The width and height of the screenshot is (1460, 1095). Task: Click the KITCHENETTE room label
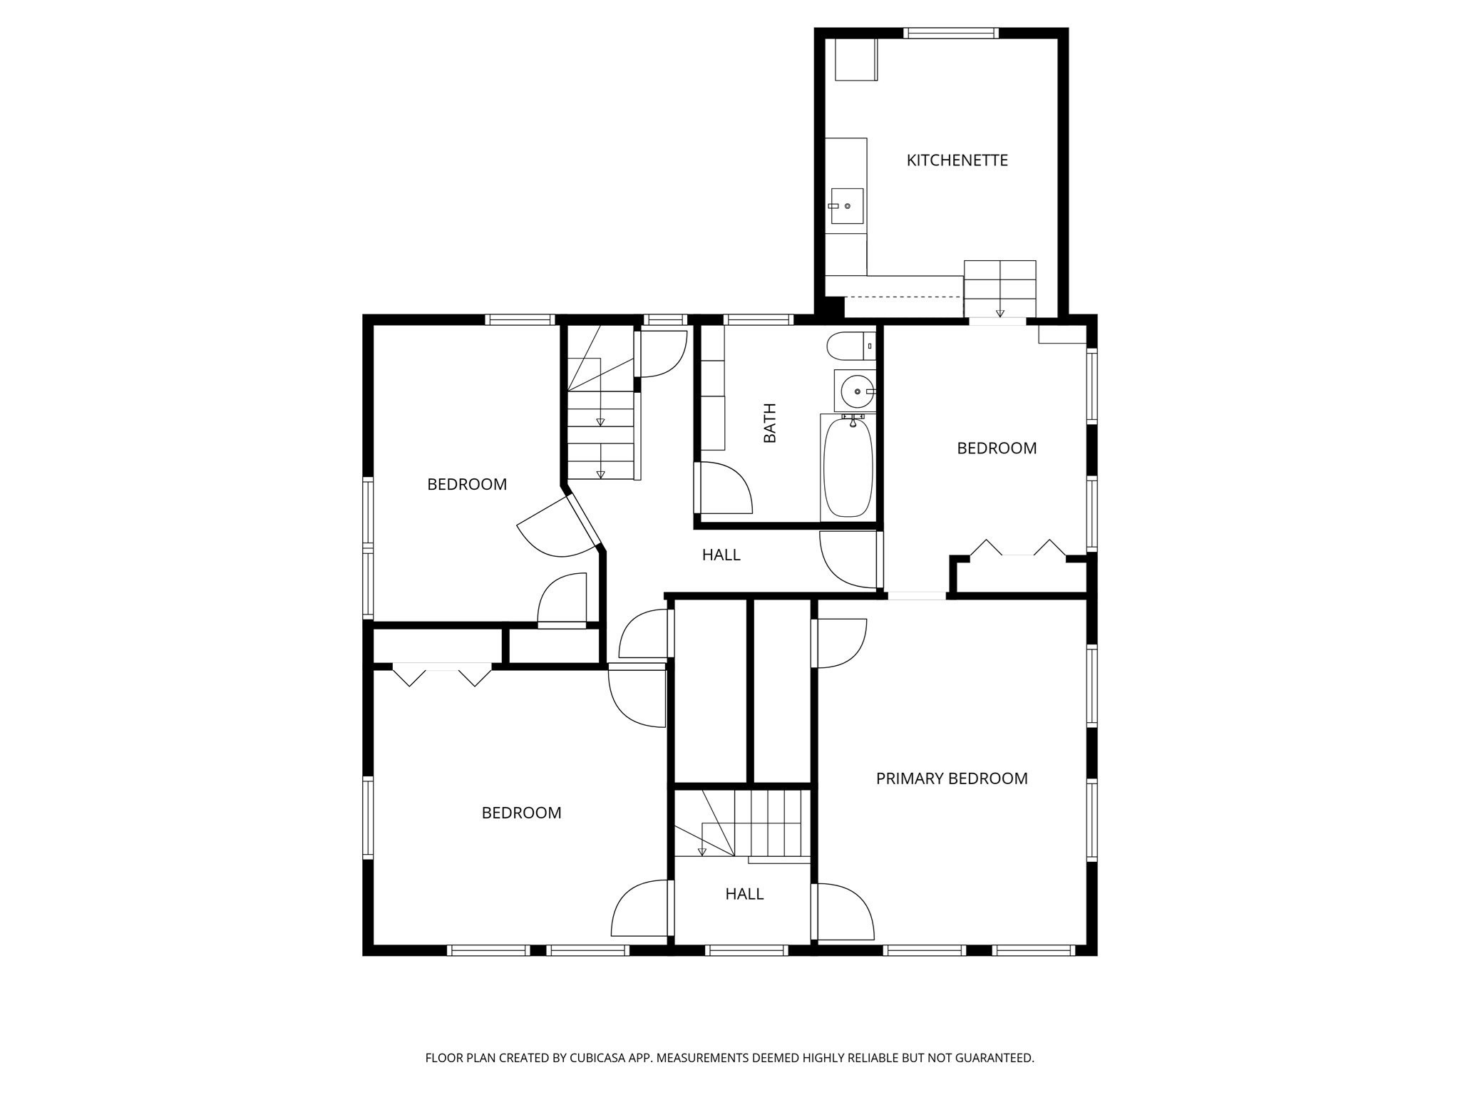pyautogui.click(x=957, y=160)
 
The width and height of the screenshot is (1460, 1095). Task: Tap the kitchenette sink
pyautogui.click(x=846, y=206)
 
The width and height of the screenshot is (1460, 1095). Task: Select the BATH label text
pyautogui.click(x=770, y=423)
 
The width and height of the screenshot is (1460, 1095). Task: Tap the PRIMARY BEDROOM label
pyautogui.click(x=951, y=778)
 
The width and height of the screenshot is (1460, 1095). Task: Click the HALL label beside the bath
pyautogui.click(x=721, y=555)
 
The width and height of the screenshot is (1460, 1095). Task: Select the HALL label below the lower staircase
pyautogui.click(x=744, y=894)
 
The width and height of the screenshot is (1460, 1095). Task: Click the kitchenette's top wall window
pyautogui.click(x=950, y=33)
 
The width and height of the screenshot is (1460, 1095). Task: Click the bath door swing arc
pyautogui.click(x=727, y=488)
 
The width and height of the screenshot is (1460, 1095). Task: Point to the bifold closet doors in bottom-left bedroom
pyautogui.click(x=442, y=674)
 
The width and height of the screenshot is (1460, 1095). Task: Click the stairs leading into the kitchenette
pyautogui.click(x=999, y=288)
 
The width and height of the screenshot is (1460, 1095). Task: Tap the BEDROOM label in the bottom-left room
pyautogui.click(x=521, y=813)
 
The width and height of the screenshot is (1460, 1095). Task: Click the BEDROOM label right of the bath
pyautogui.click(x=996, y=448)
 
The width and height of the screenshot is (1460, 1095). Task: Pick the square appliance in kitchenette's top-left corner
pyautogui.click(x=855, y=59)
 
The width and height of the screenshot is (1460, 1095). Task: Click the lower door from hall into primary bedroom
pyautogui.click(x=845, y=912)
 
